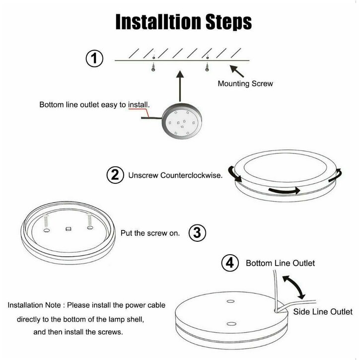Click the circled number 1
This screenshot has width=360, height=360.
coord(94,58)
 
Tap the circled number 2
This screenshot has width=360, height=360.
coord(115,175)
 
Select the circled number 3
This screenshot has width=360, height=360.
coord(197,233)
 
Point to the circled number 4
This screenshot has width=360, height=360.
coord(230,263)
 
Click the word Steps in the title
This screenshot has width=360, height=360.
coord(228,22)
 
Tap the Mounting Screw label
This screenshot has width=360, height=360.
coord(245,83)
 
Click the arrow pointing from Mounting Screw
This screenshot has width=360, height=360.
coord(237,71)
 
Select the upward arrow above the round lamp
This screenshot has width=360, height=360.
coord(180,86)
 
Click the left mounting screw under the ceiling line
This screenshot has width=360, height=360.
coord(153,67)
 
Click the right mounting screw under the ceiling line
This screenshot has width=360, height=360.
coord(207,67)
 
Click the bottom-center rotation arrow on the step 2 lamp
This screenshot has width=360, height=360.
coord(284,190)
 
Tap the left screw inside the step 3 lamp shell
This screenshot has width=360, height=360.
coord(46,223)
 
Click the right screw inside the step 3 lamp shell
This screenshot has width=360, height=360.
coord(90,222)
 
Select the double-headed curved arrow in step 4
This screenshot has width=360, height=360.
coord(294,287)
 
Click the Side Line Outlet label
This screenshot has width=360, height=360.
coord(323,311)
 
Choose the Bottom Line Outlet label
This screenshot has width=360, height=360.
coord(280,263)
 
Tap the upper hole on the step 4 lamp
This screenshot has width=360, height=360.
coord(230,301)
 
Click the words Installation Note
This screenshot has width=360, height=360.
coord(34,305)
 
